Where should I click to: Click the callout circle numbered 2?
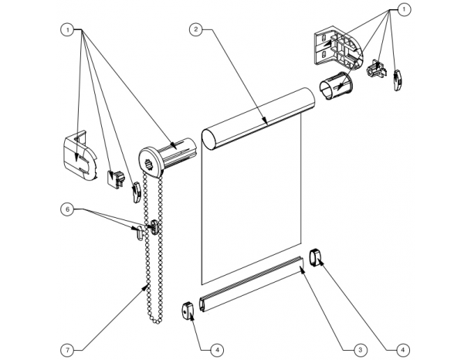tap(195, 29)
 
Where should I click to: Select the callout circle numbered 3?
tap(359, 350)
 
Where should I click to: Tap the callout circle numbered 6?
tap(67, 209)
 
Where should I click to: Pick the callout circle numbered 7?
tap(67, 350)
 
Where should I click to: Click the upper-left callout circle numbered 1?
tap(67, 30)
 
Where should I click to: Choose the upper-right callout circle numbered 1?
tap(404, 9)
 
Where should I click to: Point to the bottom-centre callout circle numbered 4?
tap(217, 350)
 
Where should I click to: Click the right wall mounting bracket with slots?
tap(338, 49)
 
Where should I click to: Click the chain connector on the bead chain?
tap(154, 226)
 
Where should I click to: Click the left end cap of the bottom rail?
tap(188, 311)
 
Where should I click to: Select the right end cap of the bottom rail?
tap(315, 257)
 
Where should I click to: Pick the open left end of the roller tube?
tap(208, 139)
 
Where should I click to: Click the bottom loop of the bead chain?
tap(156, 321)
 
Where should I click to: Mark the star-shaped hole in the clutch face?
tap(148, 164)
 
